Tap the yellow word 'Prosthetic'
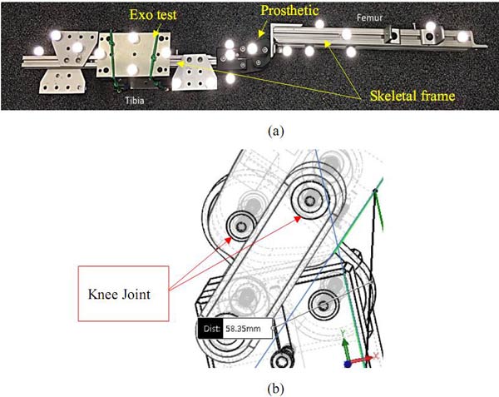289,11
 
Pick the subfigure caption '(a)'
249,130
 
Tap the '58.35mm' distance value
249,328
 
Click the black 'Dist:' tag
211,328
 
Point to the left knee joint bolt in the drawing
243,224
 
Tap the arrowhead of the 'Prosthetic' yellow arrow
259,37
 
